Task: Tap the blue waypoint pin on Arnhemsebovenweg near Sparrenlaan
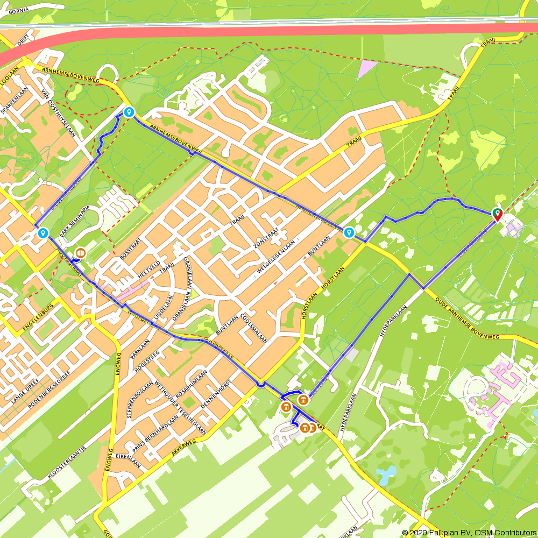click(x=129, y=112)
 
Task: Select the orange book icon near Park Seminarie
click(x=81, y=252)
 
